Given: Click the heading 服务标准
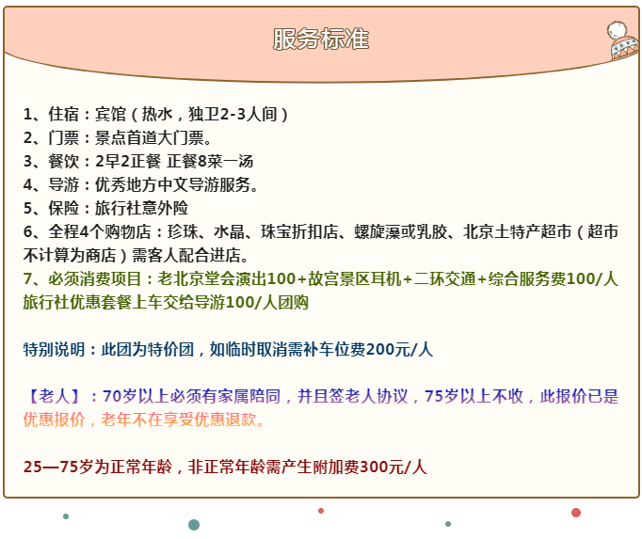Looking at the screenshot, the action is (x=321, y=39).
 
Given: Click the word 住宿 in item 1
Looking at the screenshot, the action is (x=63, y=114).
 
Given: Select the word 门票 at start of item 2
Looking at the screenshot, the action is (x=63, y=137).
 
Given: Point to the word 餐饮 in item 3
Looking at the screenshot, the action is (x=63, y=161).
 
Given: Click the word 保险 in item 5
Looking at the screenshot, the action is (x=63, y=208).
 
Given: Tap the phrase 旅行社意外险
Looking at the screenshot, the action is (x=141, y=208).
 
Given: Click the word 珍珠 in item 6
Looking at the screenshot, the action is (x=183, y=231).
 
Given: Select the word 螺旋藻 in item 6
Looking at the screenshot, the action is (x=377, y=231).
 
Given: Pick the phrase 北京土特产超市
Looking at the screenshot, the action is (x=517, y=231).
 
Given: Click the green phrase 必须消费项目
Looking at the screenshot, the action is (x=95, y=278).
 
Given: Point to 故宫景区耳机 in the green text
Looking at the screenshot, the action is (x=355, y=278).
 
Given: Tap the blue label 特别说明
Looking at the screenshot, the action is (x=54, y=349).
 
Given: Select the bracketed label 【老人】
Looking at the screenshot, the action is (x=54, y=396).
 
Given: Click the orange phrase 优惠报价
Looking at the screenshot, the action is (x=54, y=420).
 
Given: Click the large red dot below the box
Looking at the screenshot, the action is (x=576, y=513).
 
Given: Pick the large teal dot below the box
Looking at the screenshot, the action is (x=194, y=525).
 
